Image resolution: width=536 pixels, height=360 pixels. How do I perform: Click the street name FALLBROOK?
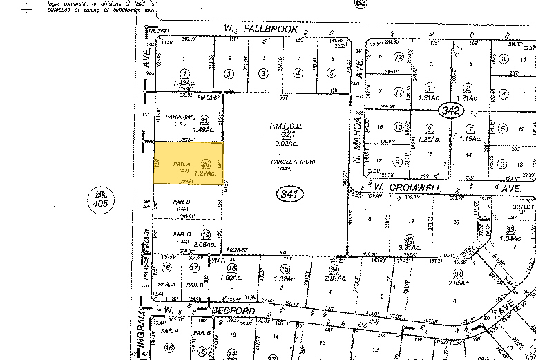[x=272, y=29]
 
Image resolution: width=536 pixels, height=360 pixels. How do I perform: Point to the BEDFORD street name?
[x=236, y=312]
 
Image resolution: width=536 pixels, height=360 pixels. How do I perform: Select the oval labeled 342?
[x=452, y=112]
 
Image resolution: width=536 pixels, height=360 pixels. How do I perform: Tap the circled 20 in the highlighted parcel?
[x=205, y=163]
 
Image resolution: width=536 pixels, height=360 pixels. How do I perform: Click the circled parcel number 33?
[x=510, y=229]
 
